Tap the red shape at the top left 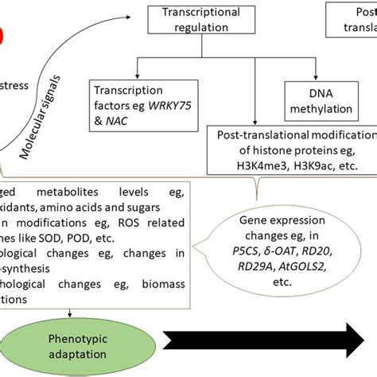(5, 33)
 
